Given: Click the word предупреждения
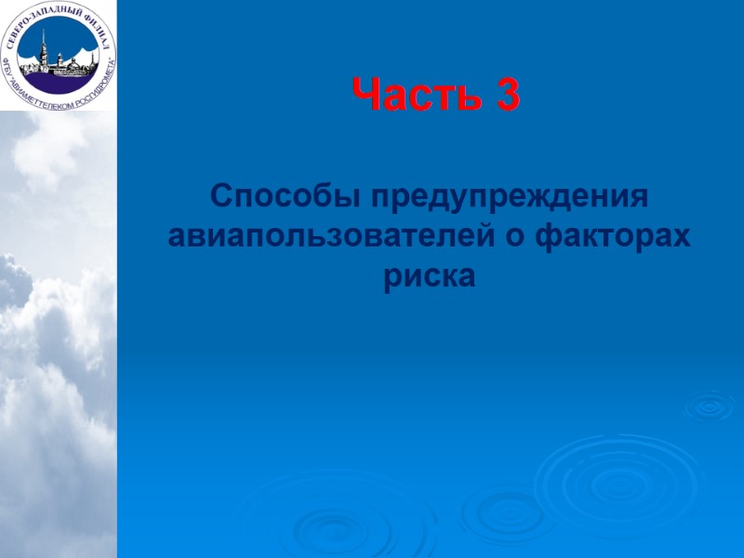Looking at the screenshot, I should click(x=508, y=197).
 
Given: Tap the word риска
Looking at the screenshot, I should click(x=429, y=276).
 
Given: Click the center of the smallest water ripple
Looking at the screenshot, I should click(x=709, y=405).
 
